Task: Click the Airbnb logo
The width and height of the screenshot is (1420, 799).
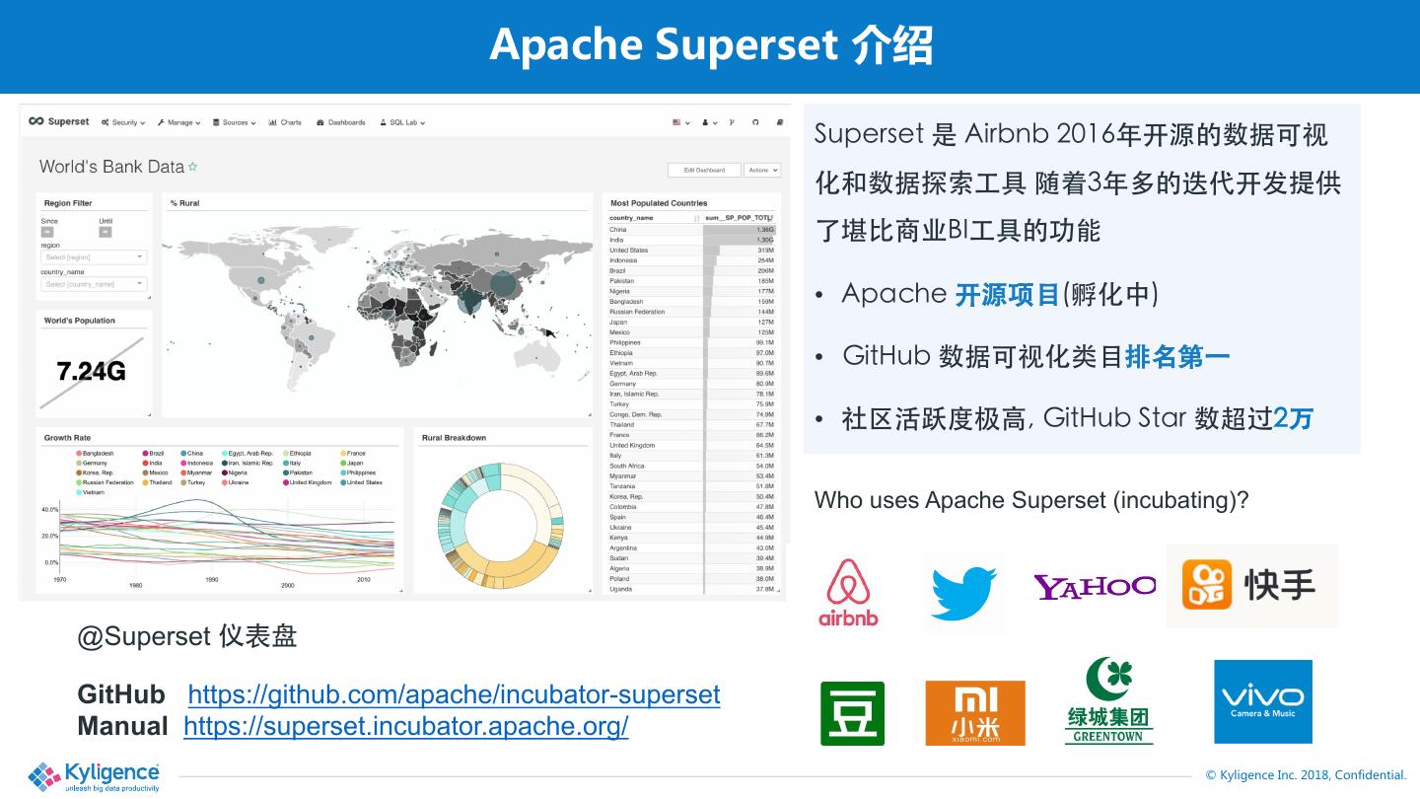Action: tap(847, 592)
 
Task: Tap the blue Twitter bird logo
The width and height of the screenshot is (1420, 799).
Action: tap(963, 592)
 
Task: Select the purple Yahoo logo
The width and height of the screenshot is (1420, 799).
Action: tap(1094, 587)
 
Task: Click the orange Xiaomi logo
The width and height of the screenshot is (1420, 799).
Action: tap(974, 712)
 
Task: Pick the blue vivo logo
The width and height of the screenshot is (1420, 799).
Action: tap(1262, 701)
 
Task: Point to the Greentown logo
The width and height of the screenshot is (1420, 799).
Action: tap(1109, 701)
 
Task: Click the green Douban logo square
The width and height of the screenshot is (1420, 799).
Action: tap(852, 713)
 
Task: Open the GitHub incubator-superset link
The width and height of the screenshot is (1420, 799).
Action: tap(454, 694)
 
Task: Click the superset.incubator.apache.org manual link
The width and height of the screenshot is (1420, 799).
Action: tap(405, 726)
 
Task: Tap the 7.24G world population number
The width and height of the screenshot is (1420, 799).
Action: tap(91, 372)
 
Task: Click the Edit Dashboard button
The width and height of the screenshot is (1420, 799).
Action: tap(704, 170)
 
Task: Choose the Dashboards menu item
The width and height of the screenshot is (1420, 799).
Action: tap(341, 122)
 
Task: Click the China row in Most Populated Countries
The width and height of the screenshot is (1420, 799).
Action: tap(690, 230)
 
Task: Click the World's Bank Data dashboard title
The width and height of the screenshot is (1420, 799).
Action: tap(111, 167)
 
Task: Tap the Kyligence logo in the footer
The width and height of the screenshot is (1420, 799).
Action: tap(95, 776)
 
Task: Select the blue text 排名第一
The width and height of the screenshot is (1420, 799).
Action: tap(1177, 356)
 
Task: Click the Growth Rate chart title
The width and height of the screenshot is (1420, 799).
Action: tap(67, 438)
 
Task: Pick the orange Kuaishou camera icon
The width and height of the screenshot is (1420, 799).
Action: tap(1206, 585)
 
